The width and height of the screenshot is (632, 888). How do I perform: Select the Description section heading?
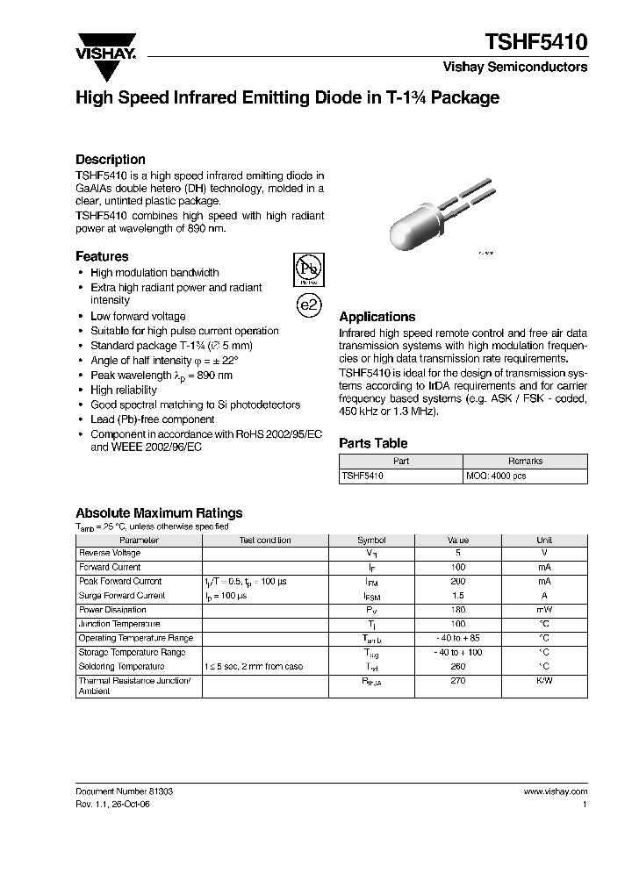(110, 160)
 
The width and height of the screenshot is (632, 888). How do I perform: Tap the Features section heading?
(102, 256)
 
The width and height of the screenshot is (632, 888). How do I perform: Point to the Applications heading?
(377, 317)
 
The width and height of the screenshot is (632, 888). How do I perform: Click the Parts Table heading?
(373, 443)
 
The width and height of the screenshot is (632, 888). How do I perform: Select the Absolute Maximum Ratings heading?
(159, 513)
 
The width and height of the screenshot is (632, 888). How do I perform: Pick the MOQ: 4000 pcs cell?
(496, 476)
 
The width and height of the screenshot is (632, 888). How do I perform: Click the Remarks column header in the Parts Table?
(525, 461)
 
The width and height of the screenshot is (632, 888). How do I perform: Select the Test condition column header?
(265, 541)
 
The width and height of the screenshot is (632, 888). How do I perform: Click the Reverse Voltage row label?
(110, 554)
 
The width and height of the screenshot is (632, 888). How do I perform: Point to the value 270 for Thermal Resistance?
(457, 681)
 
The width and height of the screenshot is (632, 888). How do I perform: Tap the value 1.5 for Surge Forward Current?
(457, 596)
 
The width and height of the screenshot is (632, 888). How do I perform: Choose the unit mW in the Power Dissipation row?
(544, 610)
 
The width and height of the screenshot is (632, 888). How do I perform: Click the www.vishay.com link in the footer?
(555, 791)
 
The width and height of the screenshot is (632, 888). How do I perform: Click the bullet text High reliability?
(124, 390)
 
